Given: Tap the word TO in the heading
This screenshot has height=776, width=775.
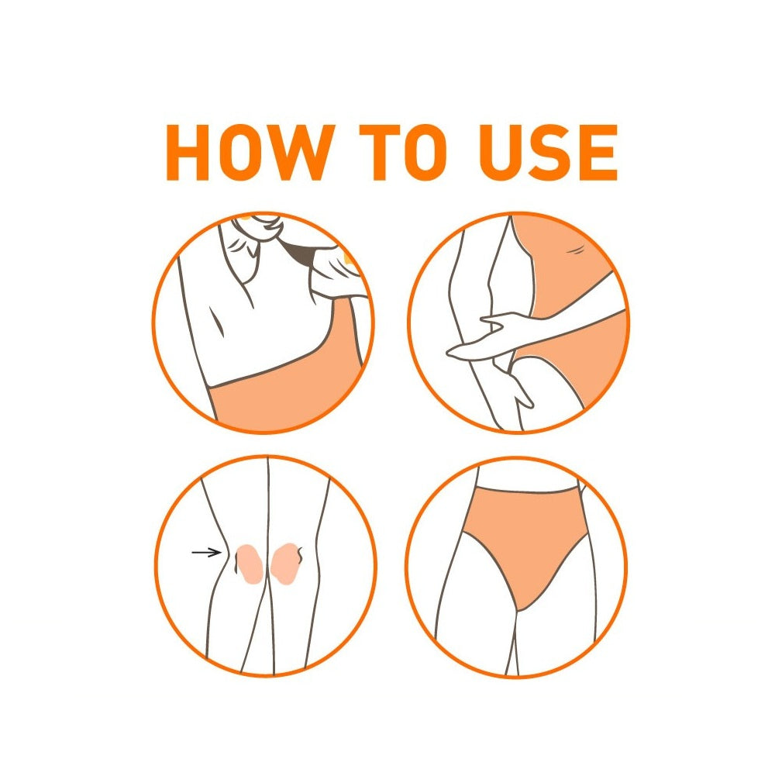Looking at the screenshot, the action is (x=404, y=152).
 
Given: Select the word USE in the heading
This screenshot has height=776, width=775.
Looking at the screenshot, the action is (x=549, y=152).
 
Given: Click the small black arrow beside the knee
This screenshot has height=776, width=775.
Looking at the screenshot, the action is (x=206, y=552).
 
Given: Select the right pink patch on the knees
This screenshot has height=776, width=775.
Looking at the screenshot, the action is (x=285, y=564).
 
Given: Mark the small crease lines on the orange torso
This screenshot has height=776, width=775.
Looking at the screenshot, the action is (x=577, y=250).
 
